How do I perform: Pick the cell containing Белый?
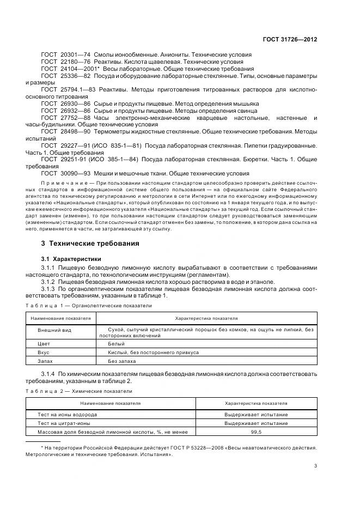click(116, 344)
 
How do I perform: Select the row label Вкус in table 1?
click(44, 353)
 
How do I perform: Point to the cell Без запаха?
click(121, 361)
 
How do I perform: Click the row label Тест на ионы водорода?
click(64, 414)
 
